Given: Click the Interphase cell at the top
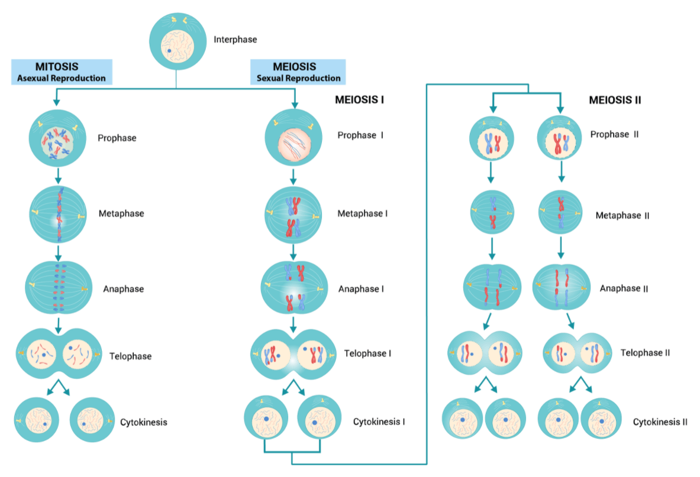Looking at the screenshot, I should [176, 41].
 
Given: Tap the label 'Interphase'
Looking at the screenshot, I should [235, 40].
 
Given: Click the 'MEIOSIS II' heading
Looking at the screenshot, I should [615, 100].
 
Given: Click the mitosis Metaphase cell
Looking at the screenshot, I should [57, 214].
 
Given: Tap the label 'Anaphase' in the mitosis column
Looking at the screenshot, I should [123, 289].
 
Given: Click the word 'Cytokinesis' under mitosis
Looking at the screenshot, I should [143, 422].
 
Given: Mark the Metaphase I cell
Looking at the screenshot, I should [294, 215].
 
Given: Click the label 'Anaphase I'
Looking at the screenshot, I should [361, 289].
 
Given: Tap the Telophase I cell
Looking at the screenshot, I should [294, 355].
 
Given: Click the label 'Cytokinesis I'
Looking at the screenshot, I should [379, 422].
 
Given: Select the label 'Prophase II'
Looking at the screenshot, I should [614, 135].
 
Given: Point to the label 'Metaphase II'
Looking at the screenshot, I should [622, 216].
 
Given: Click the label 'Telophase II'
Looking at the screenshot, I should [645, 353].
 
